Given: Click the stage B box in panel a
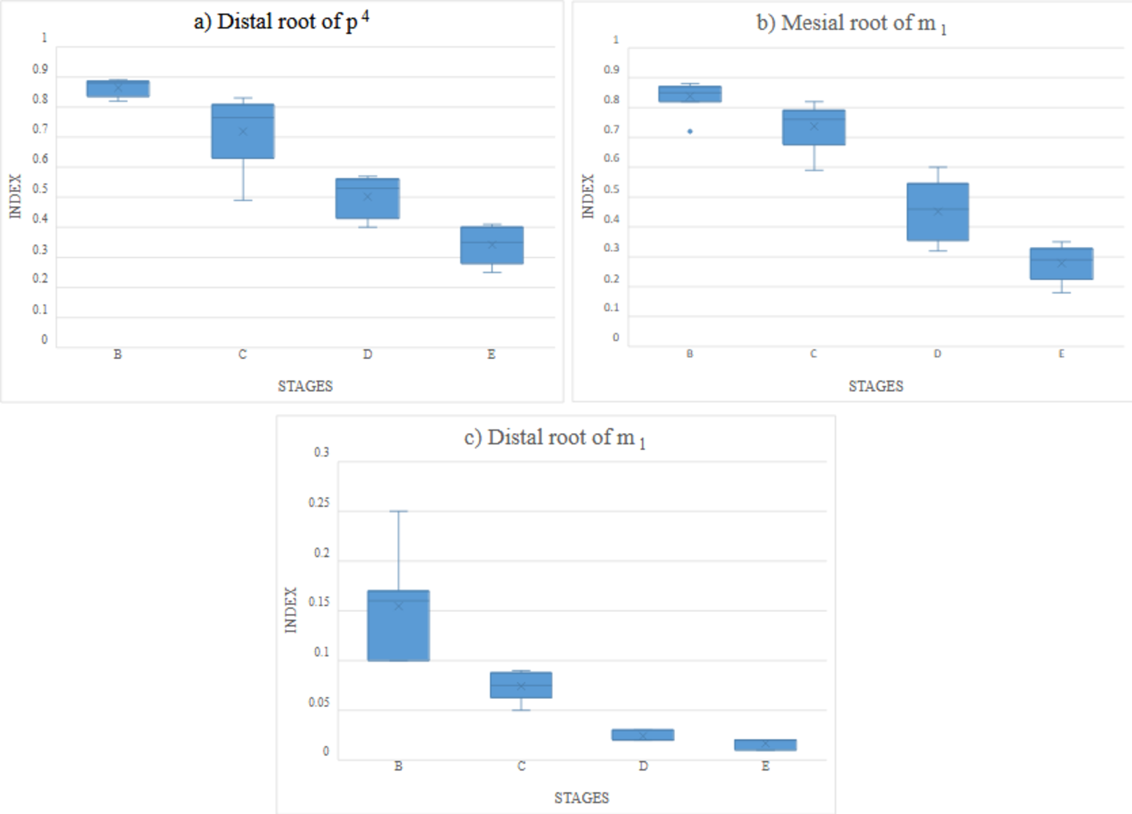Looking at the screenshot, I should point(118,89).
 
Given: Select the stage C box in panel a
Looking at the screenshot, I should point(243,131).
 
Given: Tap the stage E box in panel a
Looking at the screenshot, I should point(492,245).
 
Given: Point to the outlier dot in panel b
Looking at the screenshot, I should point(690,132).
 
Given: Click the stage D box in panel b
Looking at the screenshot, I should point(938,212).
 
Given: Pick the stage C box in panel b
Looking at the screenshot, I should point(813,127).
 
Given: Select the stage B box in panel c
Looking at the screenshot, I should point(398,626).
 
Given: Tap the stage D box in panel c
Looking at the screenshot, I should point(643,735).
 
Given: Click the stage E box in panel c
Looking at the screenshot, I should point(765,745).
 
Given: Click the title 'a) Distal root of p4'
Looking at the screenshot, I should point(281,21).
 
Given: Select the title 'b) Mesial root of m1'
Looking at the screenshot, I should point(851,23).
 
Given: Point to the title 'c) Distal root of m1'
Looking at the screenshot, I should point(554,438).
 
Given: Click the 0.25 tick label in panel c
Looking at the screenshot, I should point(319,503).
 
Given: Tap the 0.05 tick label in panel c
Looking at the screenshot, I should point(319,703).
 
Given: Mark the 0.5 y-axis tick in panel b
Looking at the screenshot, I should point(611,189).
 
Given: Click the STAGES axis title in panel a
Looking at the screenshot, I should point(305,386).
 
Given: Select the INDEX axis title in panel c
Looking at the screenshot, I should point(291,610).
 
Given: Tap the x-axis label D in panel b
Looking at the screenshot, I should point(937,354).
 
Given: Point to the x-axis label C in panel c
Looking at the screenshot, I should point(521,766).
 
